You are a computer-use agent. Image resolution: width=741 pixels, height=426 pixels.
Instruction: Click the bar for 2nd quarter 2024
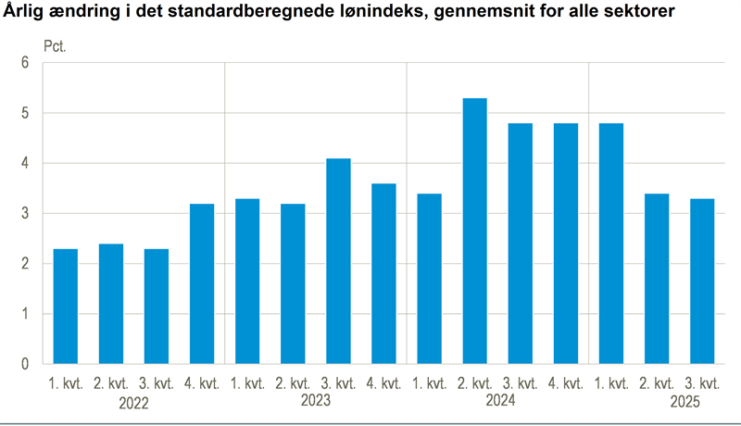pos(475,231)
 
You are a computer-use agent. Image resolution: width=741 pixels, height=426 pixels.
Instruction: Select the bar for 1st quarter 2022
pos(66,306)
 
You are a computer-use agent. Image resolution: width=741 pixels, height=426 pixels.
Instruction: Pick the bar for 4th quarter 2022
pos(202,283)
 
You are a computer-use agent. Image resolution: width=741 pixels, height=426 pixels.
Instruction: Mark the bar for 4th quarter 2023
pos(384,273)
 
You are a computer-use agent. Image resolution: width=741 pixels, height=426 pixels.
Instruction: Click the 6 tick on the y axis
pos(26,63)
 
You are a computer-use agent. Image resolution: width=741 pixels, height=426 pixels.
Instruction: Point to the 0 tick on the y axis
pos(26,364)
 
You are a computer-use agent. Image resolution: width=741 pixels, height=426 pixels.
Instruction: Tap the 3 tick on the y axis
pos(26,214)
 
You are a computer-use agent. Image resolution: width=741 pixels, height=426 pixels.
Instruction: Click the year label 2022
pos(134,403)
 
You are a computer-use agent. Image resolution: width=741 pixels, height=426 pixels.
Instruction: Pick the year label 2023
pos(316,401)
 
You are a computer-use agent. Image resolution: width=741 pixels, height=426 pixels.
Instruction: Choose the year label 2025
pos(686,403)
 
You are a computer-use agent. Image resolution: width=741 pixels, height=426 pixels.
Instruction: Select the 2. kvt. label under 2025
pos(658,383)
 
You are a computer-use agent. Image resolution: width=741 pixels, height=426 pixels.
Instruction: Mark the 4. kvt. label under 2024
pos(566,383)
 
